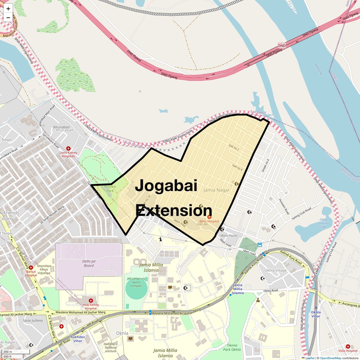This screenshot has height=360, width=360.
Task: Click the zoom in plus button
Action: tap(8, 9)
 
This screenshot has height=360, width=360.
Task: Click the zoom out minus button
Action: tap(8, 18)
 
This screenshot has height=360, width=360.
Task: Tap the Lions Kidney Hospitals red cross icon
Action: tap(68, 148)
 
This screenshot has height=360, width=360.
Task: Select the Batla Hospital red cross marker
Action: tap(209, 217)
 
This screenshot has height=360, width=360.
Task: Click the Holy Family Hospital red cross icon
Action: tap(91, 301)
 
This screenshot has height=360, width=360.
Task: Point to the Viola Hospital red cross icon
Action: tap(348, 346)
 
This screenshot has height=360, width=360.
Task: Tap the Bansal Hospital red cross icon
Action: tap(31, 267)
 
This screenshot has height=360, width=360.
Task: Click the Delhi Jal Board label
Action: tap(89, 263)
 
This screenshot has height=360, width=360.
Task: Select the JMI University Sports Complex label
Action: tap(136, 282)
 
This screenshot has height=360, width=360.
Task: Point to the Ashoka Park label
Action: tap(110, 189)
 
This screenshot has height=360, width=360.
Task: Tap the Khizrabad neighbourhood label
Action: tap(64, 130)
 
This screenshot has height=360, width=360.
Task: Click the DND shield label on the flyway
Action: tap(282, 46)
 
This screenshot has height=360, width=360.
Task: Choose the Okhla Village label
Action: tap(275, 270)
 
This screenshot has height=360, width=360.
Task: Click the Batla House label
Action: tap(229, 235)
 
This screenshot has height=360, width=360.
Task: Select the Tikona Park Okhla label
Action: tap(232, 347)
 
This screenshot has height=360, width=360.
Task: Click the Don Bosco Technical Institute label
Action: tap(110, 348)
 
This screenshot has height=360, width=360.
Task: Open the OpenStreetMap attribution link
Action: tap(330, 358)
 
